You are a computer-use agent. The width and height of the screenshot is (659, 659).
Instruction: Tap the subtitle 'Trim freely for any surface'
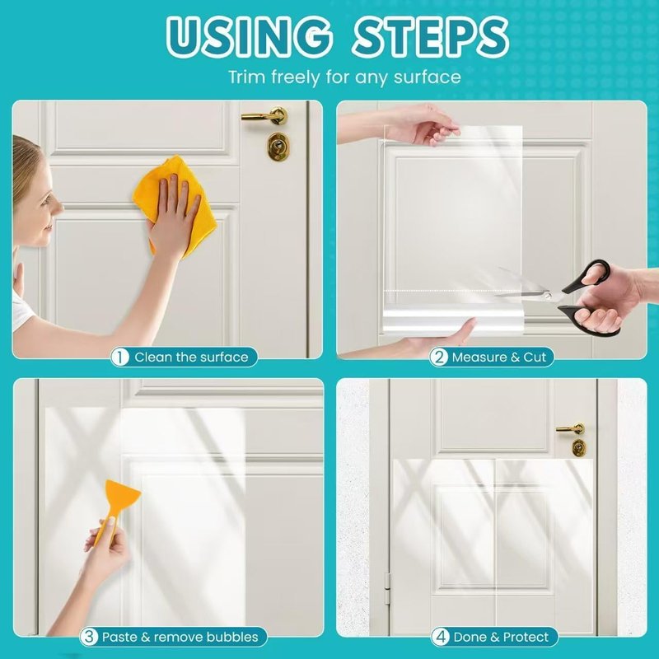[x=344, y=77]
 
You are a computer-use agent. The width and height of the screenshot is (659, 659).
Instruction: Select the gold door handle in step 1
[x=265, y=115]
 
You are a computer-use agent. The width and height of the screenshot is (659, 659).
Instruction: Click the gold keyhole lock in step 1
[x=278, y=146]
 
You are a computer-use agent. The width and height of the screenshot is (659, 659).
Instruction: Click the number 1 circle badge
[x=119, y=358]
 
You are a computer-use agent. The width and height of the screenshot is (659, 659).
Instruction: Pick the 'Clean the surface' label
[x=191, y=358]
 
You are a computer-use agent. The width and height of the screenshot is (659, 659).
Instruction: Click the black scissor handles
[x=588, y=298]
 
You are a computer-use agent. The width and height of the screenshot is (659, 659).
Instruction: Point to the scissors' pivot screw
[x=547, y=296]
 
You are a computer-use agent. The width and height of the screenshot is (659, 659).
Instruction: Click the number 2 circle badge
[x=439, y=358]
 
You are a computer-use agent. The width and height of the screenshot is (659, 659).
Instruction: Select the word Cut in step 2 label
[x=534, y=358]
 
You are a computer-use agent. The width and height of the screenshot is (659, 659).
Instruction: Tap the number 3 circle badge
[x=89, y=637]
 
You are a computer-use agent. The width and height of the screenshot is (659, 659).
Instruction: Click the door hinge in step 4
[x=387, y=588]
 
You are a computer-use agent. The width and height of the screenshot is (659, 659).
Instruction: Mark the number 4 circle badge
[x=441, y=637]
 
